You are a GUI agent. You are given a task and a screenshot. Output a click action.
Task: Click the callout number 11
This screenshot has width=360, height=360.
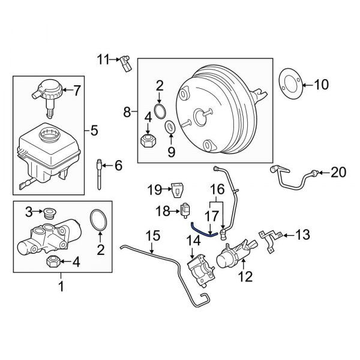[103, 59]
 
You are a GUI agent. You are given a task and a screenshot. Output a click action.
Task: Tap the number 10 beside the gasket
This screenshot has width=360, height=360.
[322, 85]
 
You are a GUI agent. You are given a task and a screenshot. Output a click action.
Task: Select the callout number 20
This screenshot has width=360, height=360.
[338, 173]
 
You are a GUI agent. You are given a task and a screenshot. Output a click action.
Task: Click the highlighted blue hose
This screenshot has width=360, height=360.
[202, 230]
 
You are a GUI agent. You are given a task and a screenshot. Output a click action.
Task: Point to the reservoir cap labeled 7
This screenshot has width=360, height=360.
[47, 91]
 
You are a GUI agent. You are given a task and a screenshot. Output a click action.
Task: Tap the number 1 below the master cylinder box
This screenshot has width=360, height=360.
[60, 288]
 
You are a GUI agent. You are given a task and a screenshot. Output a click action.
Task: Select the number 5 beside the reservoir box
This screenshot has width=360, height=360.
[93, 129]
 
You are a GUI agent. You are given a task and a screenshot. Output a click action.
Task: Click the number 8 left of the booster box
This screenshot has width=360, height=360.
[127, 112]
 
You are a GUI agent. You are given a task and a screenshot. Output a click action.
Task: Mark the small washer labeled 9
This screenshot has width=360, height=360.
[170, 127]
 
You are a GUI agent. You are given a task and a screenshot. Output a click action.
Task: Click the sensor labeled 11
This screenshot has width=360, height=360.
[126, 62]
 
